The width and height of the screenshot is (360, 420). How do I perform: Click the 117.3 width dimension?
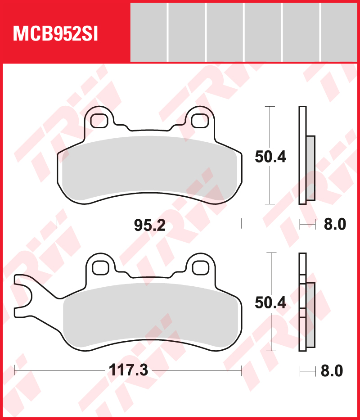click(128, 370)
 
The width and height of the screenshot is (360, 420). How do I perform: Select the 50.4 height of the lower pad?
click(270, 303)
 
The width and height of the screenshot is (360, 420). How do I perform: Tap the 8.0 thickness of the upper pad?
click(334, 224)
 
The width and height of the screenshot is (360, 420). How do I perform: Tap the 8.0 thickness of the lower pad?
click(332, 370)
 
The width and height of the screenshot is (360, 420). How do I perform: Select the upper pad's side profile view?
click(306, 155)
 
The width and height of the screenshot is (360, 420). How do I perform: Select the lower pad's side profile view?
click(306, 303)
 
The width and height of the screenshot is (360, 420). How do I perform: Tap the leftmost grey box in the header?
click(148, 32)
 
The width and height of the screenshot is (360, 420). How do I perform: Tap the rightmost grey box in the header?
click(340, 32)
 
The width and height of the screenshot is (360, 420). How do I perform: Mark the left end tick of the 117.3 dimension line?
click(15, 370)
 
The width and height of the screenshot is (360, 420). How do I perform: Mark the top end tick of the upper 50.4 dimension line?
click(269, 107)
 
